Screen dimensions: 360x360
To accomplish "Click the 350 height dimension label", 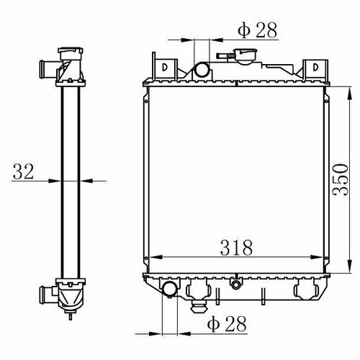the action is click(341, 180).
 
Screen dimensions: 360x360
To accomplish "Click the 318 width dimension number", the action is click(236, 248).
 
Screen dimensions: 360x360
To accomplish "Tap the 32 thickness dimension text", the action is click(23, 171).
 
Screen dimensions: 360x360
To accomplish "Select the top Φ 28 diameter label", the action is click(258, 30).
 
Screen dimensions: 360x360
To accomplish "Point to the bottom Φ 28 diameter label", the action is click(227, 324).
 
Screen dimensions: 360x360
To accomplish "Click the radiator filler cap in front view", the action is click(246, 56).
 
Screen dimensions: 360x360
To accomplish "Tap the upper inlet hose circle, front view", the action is click(202, 70).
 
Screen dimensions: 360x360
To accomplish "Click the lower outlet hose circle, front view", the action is click(170, 289).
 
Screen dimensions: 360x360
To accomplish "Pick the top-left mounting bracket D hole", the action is click(165, 67).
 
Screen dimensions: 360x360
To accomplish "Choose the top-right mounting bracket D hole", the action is click(315, 67).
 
